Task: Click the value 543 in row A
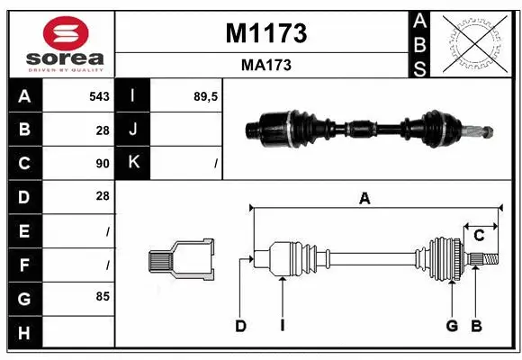pyautogui.click(x=99, y=96)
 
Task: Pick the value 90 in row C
pyautogui.click(x=102, y=164)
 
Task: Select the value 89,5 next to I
pyautogui.click(x=207, y=96)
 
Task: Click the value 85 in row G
pyautogui.click(x=102, y=296)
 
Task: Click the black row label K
pyautogui.click(x=133, y=163)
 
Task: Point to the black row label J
pyautogui.click(x=133, y=130)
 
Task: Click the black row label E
pyautogui.click(x=24, y=230)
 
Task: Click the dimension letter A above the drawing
pyautogui.click(x=364, y=199)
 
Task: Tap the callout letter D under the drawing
pyautogui.click(x=240, y=326)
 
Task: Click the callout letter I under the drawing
pyautogui.click(x=282, y=326)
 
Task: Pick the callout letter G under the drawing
pyautogui.click(x=452, y=326)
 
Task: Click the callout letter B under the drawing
pyautogui.click(x=477, y=326)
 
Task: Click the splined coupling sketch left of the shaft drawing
pyautogui.click(x=181, y=260)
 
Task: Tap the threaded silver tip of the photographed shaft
pyautogui.click(x=482, y=131)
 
